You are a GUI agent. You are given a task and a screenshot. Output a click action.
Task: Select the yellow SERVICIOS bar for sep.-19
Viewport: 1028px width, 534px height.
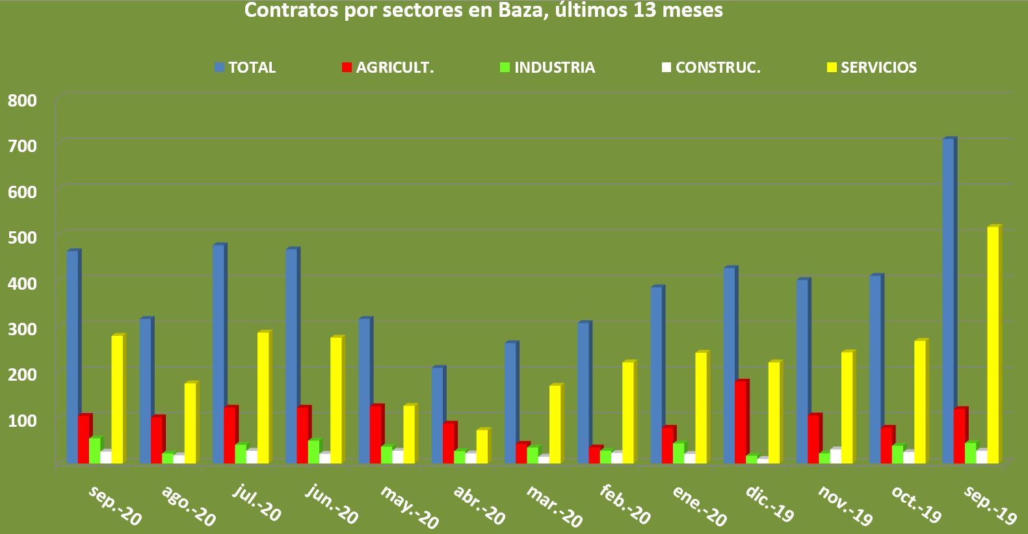[x=993, y=345]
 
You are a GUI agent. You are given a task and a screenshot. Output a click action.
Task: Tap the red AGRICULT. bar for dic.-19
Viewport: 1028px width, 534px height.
[x=741, y=422]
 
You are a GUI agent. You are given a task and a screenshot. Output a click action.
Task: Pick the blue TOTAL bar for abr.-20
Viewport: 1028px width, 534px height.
[x=438, y=415]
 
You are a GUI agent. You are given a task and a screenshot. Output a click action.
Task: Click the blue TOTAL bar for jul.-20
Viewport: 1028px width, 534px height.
[x=218, y=354]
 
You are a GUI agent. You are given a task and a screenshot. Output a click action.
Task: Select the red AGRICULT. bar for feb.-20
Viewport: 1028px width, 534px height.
[x=595, y=455]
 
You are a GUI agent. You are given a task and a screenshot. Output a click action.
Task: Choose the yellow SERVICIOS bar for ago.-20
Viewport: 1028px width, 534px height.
[x=190, y=423]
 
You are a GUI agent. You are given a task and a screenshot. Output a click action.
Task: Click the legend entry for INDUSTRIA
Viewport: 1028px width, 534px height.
[x=554, y=68]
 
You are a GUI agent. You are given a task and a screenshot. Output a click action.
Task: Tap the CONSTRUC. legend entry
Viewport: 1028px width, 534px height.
[x=718, y=68]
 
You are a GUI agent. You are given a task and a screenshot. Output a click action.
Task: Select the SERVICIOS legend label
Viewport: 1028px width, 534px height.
[x=878, y=68]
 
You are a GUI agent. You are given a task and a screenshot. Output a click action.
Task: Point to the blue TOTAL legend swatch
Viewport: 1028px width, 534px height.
[x=220, y=68]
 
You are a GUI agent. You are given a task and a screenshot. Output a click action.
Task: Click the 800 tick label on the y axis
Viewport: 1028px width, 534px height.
[x=22, y=101]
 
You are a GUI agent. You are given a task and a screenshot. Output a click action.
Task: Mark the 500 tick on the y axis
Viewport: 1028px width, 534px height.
[x=22, y=236]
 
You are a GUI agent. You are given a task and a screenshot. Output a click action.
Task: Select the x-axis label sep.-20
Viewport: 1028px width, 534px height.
[x=114, y=505]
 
